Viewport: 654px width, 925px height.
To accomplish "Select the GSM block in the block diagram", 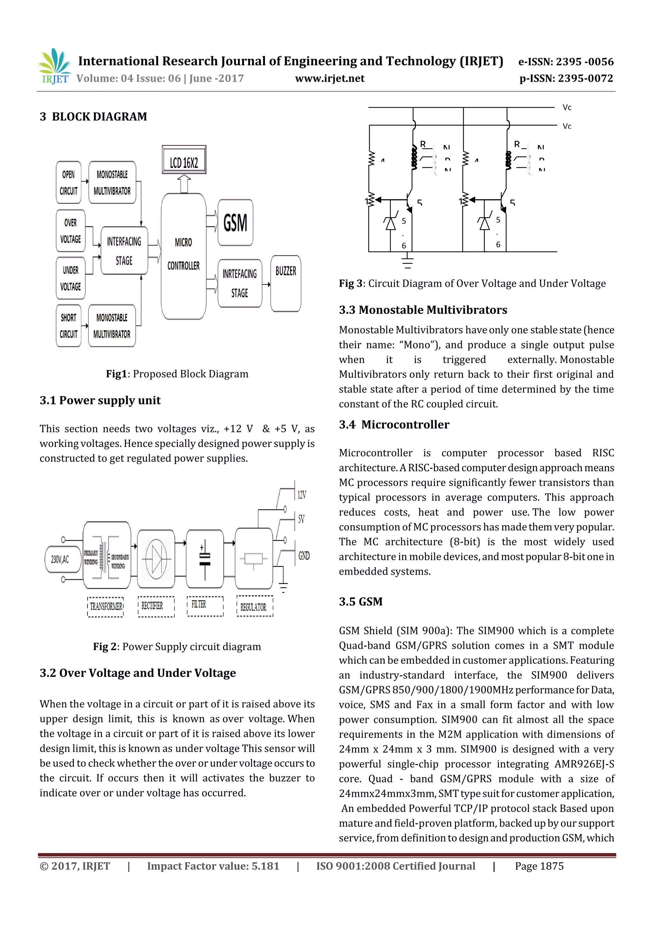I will click(235, 222).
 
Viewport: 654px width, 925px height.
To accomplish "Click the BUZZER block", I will click(286, 283).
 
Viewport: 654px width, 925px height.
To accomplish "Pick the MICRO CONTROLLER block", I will click(183, 256).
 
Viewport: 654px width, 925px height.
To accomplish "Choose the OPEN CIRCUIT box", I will click(69, 183).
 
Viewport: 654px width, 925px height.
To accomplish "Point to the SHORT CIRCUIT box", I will click(69, 326).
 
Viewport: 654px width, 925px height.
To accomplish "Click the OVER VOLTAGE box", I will click(71, 231).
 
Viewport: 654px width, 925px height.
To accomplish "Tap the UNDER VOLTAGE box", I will click(71, 278).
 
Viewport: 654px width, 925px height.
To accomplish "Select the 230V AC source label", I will click(60, 559).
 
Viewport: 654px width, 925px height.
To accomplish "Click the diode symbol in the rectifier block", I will click(156, 559).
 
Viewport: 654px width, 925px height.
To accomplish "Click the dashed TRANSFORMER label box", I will click(106, 607).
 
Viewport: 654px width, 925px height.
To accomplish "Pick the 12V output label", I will click(302, 495).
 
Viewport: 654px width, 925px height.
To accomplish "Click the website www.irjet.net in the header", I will click(330, 79).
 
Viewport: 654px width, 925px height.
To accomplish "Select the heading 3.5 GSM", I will click(361, 602).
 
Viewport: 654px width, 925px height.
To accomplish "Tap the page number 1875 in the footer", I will click(539, 866).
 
